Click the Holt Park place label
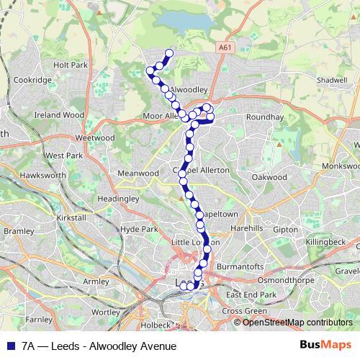coord(70,64)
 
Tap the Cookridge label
coord(32,81)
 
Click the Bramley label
coord(19,231)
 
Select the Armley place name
coord(96,281)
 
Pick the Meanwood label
coord(137,174)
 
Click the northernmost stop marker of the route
coord(170,53)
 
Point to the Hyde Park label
coord(139,229)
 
